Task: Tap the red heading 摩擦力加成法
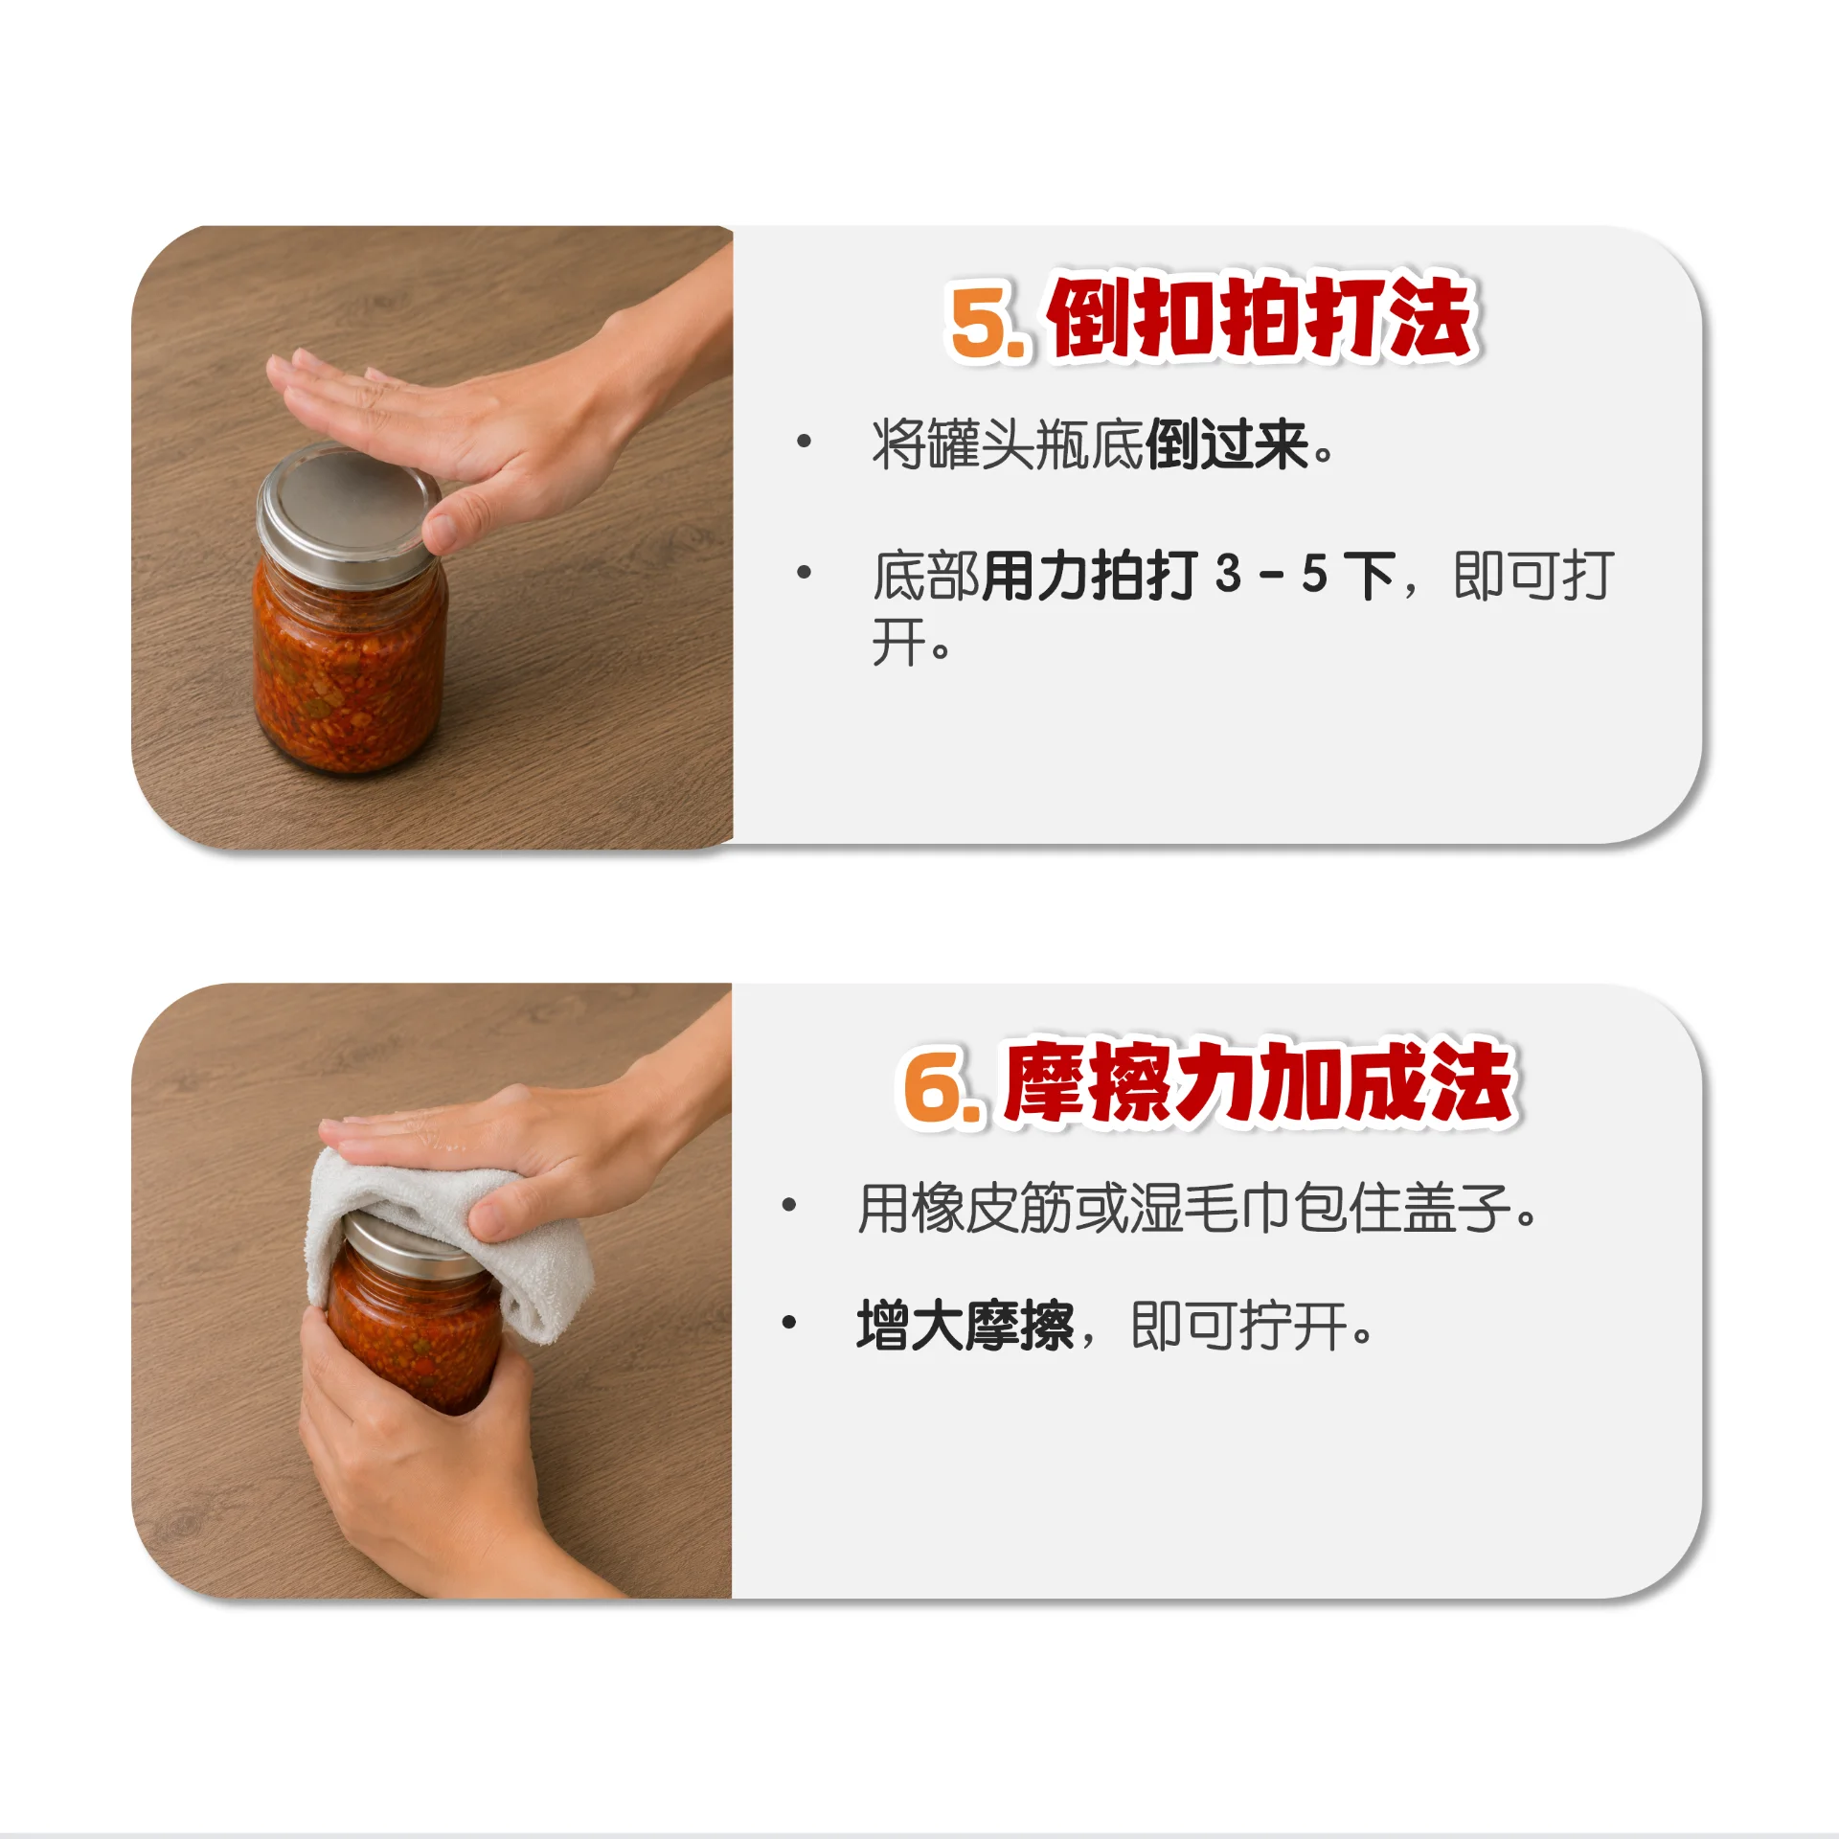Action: [1258, 1082]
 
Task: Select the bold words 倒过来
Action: [1227, 444]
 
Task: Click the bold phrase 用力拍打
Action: [1091, 576]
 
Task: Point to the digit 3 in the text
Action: [1229, 575]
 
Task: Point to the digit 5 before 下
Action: [1314, 575]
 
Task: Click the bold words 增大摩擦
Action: [965, 1326]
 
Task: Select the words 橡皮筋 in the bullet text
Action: [992, 1208]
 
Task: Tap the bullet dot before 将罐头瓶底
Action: [804, 442]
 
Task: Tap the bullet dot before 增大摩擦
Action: [789, 1323]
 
